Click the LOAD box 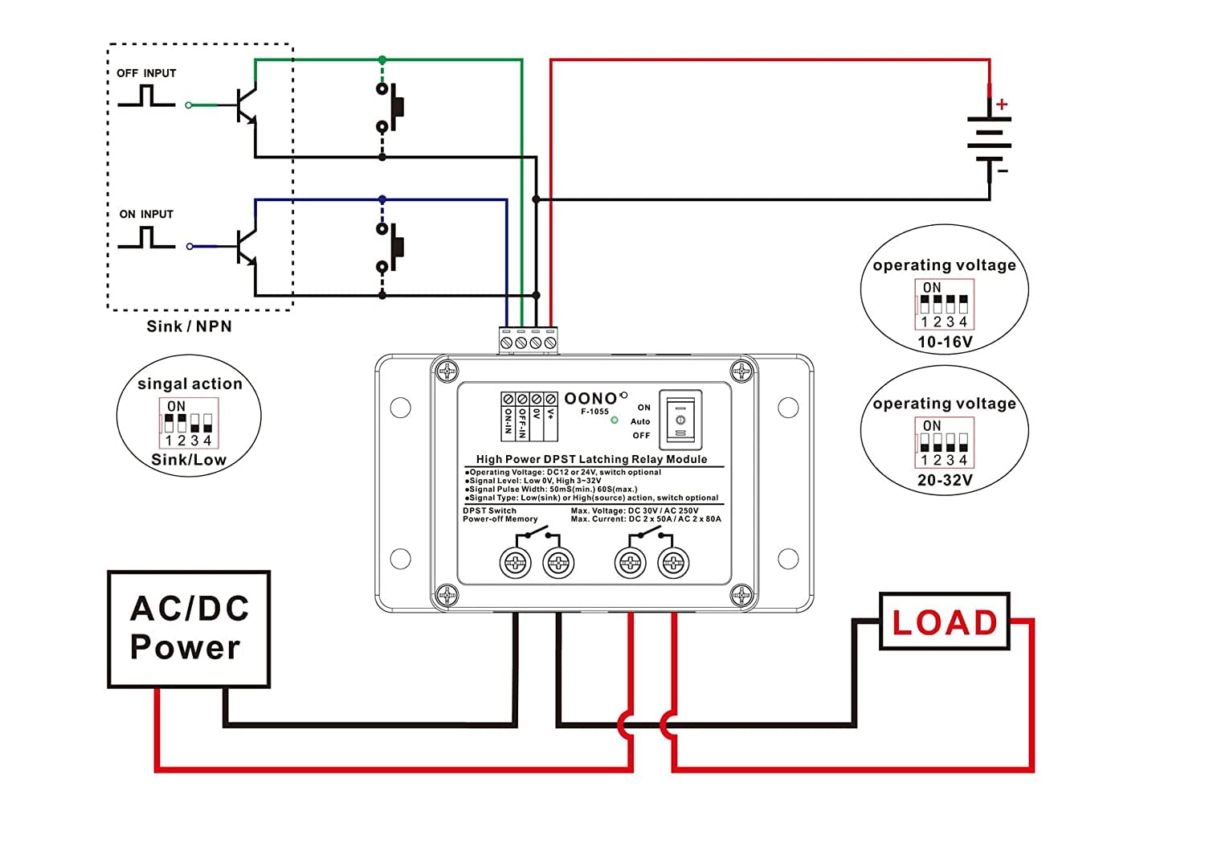[x=945, y=622]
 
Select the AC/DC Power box [x=189, y=629]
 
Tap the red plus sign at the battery [x=1002, y=105]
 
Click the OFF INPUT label [x=146, y=73]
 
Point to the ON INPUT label [x=146, y=215]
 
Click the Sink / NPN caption [x=189, y=326]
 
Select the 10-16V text [x=945, y=342]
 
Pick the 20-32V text [x=945, y=481]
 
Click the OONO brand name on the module [x=591, y=399]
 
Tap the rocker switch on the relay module [x=680, y=420]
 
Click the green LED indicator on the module [x=615, y=420]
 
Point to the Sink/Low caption [x=189, y=460]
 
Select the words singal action [x=190, y=384]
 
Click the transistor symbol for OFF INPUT [x=246, y=105]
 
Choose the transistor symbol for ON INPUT [x=246, y=246]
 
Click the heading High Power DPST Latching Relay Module [x=591, y=459]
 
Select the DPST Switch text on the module [x=489, y=511]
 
